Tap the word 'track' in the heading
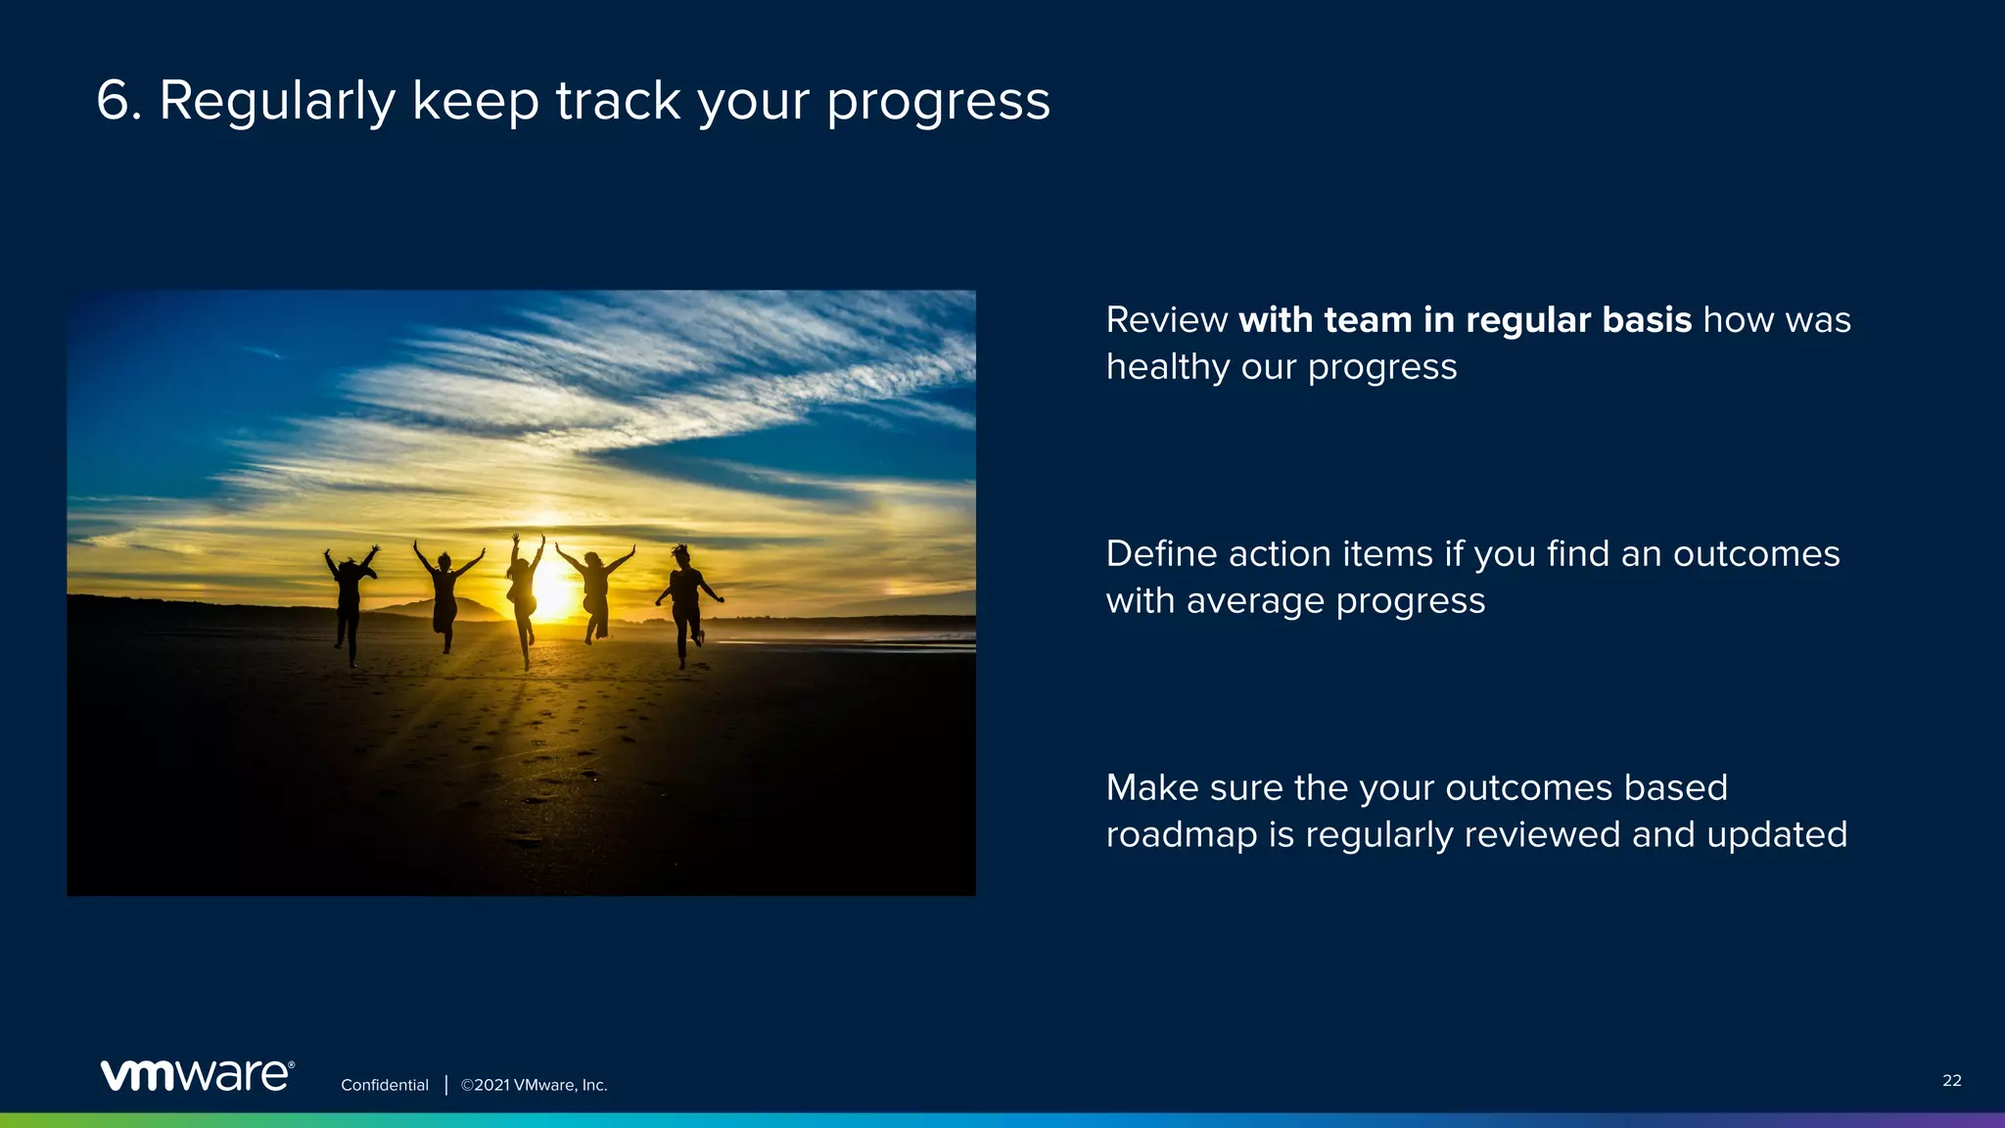(x=618, y=101)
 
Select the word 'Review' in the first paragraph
(x=1166, y=320)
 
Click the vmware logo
(x=197, y=1075)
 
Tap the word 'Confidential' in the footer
(x=384, y=1085)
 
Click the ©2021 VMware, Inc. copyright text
(x=534, y=1085)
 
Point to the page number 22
(x=1951, y=1080)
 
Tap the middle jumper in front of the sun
(x=523, y=592)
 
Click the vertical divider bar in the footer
(x=445, y=1085)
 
